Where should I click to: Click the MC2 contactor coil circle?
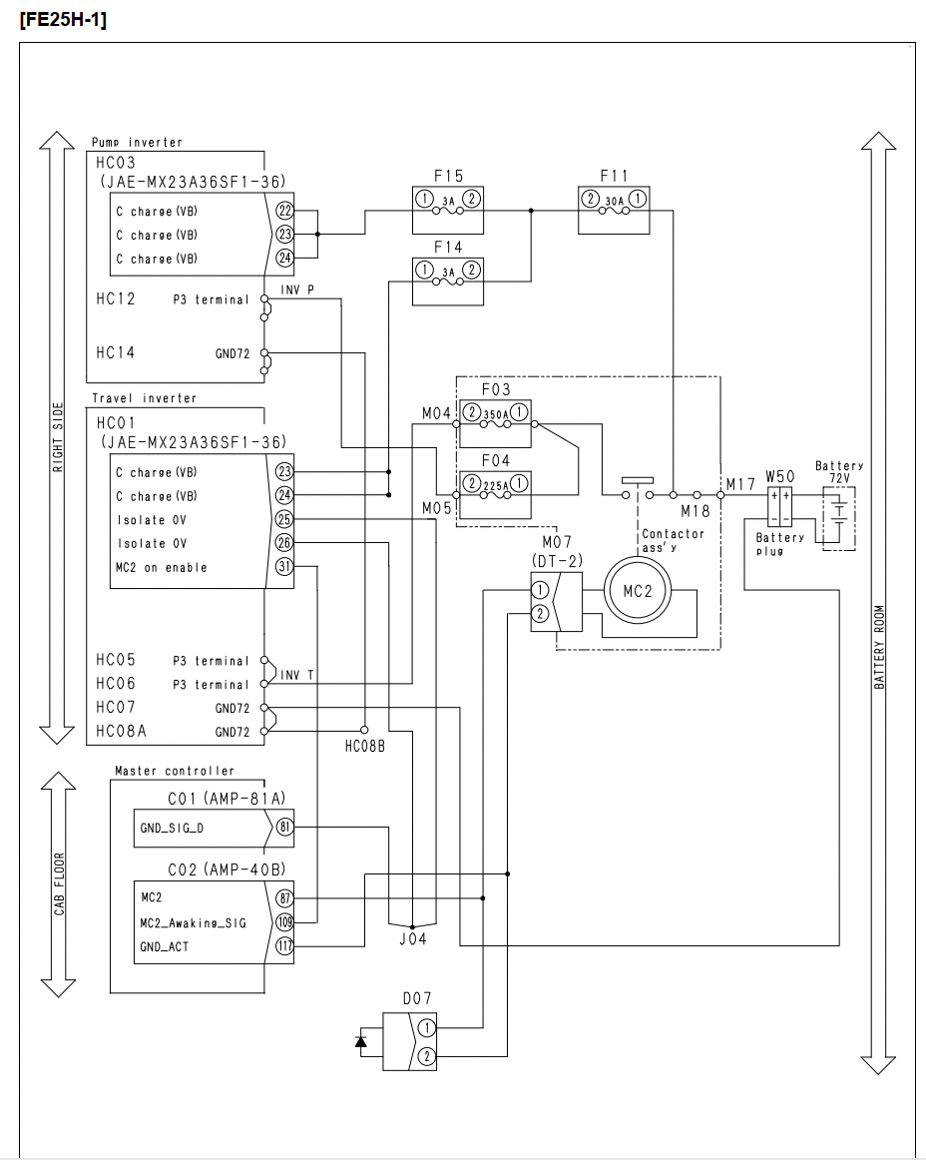(x=637, y=591)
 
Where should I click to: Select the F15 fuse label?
(x=448, y=176)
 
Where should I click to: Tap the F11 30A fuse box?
(x=613, y=210)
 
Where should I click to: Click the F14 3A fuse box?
(x=447, y=282)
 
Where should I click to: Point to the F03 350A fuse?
(x=495, y=423)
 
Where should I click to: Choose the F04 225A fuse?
(x=495, y=494)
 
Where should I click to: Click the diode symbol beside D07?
(x=361, y=1041)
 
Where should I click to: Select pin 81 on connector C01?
(x=284, y=828)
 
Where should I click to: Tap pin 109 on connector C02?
(x=284, y=921)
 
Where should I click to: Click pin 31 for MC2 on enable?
(x=284, y=567)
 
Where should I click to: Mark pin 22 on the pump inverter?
(x=284, y=211)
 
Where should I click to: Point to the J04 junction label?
(x=413, y=938)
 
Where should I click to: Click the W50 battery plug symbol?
(x=779, y=507)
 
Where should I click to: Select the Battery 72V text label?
(x=839, y=472)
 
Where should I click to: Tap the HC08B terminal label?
(x=364, y=747)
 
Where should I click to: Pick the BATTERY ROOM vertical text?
(x=879, y=647)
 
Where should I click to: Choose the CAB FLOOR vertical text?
(x=59, y=884)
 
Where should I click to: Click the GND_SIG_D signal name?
(x=172, y=828)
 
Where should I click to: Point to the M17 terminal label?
(x=740, y=484)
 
